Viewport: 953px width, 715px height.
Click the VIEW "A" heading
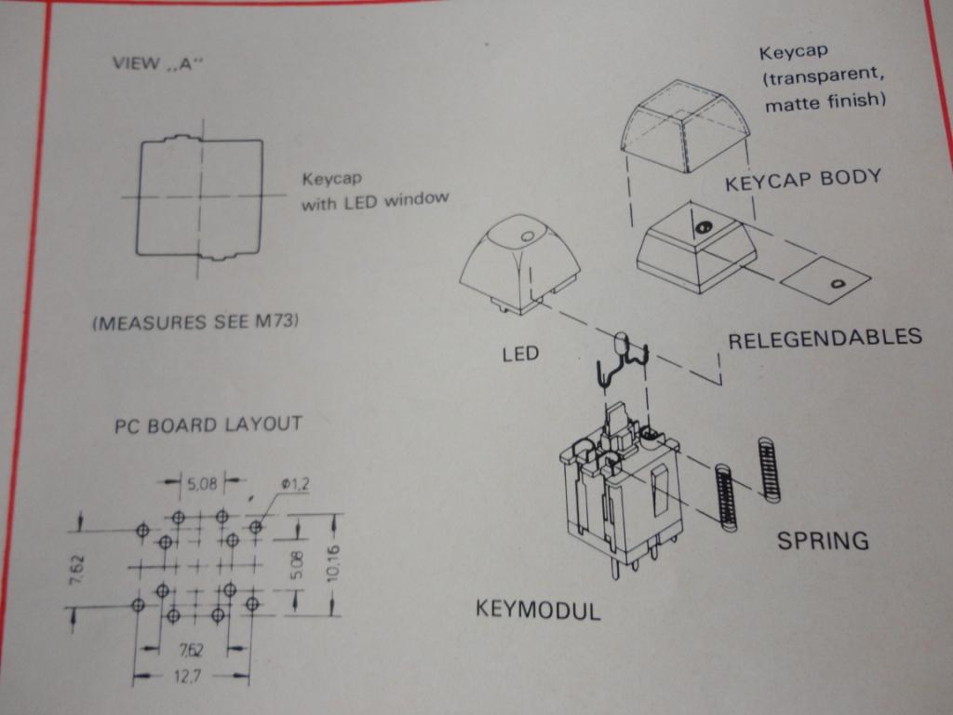(156, 62)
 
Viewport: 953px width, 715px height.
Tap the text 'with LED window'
(375, 201)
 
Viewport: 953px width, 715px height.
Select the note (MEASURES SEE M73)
(195, 321)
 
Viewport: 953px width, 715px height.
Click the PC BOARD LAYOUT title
(208, 425)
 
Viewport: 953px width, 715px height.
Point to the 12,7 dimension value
(187, 676)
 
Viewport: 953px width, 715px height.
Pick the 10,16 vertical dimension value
(334, 564)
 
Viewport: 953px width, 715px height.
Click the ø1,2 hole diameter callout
(295, 484)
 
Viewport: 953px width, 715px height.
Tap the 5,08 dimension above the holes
(202, 483)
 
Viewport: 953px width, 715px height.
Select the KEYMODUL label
(538, 609)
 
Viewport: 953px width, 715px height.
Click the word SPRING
(823, 540)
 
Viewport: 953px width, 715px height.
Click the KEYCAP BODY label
(803, 180)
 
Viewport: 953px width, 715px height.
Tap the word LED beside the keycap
(520, 354)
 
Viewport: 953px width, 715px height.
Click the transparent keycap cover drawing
(685, 126)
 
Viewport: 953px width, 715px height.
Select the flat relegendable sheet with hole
(825, 280)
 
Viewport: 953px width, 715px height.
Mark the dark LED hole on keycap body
(702, 227)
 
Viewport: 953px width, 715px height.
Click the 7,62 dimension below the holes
(191, 650)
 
